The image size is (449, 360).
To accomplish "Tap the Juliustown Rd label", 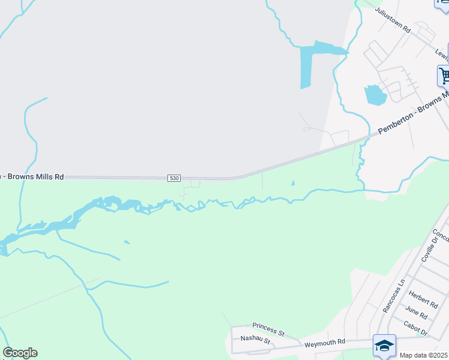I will (392, 20).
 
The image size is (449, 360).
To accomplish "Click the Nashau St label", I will (256, 340).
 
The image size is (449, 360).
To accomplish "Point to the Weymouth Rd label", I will (325, 342).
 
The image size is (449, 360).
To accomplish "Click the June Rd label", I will (415, 313).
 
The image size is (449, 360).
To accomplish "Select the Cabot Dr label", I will (415, 328).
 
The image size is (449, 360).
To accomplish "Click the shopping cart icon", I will (444, 76).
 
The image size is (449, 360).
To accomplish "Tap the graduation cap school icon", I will (384, 346).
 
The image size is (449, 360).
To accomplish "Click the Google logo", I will (20, 353).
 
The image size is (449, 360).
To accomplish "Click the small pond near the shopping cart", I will (375, 95).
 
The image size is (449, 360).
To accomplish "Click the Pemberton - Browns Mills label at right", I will (414, 113).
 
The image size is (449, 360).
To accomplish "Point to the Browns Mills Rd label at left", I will (33, 177).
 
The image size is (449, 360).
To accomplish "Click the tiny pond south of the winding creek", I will (127, 242).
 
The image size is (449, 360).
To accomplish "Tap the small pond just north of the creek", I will (293, 183).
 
